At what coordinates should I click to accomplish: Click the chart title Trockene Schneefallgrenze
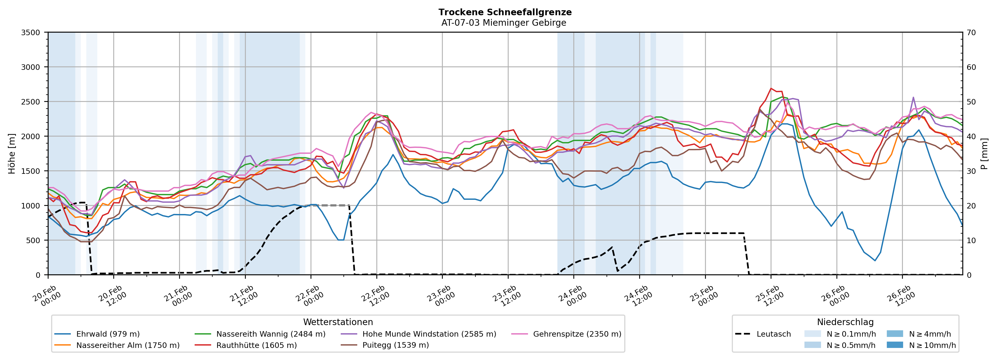pyautogui.click(x=505, y=12)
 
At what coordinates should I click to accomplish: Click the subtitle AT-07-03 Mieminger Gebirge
pyautogui.click(x=504, y=23)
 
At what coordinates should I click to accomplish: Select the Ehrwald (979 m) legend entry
pyautogui.click(x=108, y=334)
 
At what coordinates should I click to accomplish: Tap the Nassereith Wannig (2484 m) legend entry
pyautogui.click(x=270, y=334)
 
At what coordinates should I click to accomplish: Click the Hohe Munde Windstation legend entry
pyautogui.click(x=429, y=334)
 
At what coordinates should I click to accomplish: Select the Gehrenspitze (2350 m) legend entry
pyautogui.click(x=577, y=334)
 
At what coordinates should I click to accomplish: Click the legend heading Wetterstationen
pyautogui.click(x=338, y=322)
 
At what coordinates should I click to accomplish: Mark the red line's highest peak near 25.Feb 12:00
pyautogui.click(x=771, y=88)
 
